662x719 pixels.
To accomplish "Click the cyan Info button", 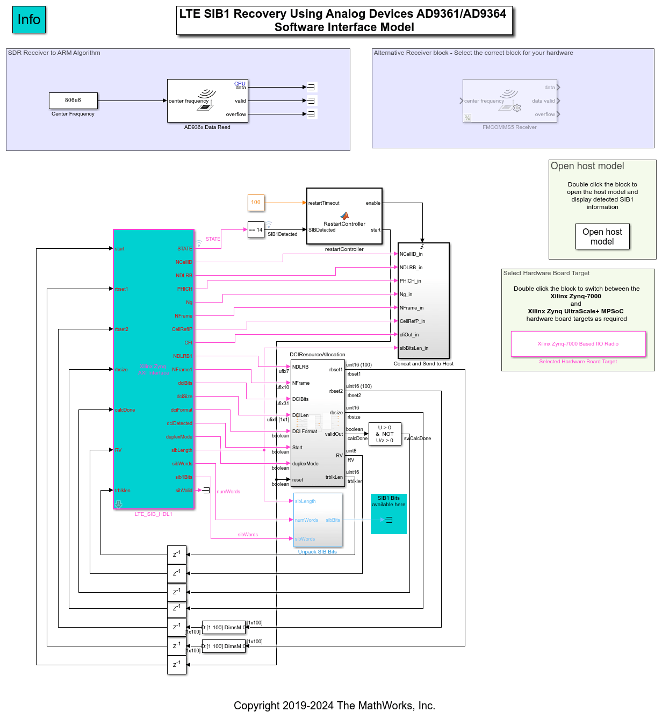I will coord(29,20).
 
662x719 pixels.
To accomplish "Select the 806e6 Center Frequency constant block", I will coord(73,100).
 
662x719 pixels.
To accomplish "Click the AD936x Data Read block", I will coord(207,101).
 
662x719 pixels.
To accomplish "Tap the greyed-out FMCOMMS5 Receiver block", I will coord(509,101).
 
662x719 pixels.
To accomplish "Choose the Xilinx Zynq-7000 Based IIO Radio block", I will coord(578,344).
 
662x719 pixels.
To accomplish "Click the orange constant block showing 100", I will coord(256,203).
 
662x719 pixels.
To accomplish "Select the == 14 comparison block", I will coord(256,230).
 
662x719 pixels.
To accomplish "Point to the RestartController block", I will coord(344,216).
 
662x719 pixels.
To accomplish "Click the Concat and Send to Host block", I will coord(423,301).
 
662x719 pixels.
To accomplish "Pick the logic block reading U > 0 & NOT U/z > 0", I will coord(385,434).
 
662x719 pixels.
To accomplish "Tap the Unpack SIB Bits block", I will coord(318,520).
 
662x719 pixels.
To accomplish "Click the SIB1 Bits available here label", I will coord(388,501).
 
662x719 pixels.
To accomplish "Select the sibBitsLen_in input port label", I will coord(414,348).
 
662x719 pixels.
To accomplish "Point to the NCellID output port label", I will coord(184,262).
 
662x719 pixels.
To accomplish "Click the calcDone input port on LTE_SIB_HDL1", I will coord(125,410).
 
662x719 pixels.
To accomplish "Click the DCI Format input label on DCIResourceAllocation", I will coord(305,432).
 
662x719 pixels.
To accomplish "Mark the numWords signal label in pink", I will coord(228,492).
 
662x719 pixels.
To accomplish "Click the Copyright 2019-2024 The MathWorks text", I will coord(334,706).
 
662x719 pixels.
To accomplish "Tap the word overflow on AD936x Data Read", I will coord(236,114).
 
